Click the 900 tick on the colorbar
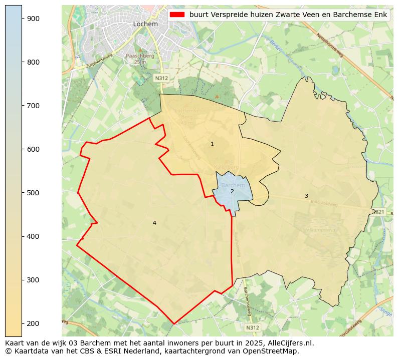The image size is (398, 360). click(22, 19)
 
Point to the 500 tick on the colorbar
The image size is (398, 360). click(22, 193)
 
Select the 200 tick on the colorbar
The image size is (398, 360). click(22, 323)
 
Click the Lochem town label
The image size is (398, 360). click(145, 24)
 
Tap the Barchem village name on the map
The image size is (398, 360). click(233, 185)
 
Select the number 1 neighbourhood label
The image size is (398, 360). click(212, 144)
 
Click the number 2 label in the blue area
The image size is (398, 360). click(232, 192)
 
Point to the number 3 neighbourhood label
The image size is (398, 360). click(306, 196)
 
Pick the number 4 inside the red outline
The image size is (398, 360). click(154, 223)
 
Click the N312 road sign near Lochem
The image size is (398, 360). click(161, 78)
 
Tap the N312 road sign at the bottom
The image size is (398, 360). click(253, 327)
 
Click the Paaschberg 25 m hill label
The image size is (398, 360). click(140, 59)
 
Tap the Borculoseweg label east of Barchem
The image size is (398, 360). click(324, 203)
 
